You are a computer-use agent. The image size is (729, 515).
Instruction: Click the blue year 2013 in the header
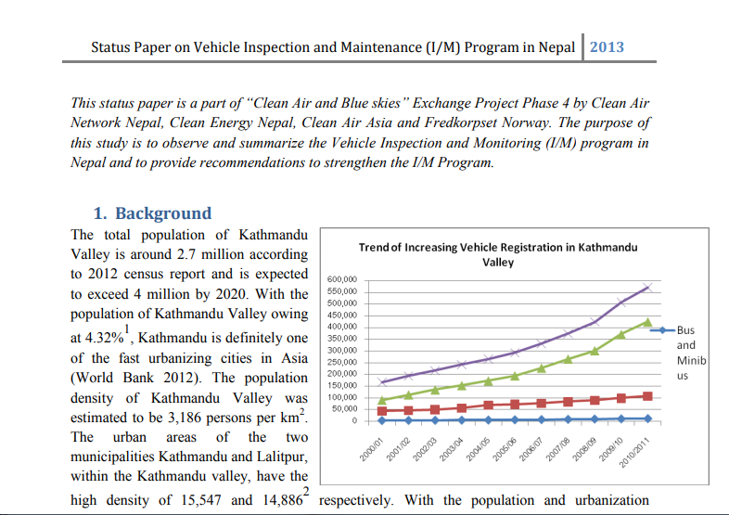pyautogui.click(x=607, y=47)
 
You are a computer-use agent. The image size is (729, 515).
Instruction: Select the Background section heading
pyautogui.click(x=152, y=213)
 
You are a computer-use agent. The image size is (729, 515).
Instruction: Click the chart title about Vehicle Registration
pyautogui.click(x=498, y=254)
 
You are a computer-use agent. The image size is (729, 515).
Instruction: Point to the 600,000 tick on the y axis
pyautogui.click(x=341, y=279)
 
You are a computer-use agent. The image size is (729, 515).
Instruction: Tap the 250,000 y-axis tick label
pyautogui.click(x=341, y=362)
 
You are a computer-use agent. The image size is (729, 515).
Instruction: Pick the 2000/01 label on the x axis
pyautogui.click(x=371, y=449)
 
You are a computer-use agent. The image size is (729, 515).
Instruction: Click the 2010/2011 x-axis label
pyautogui.click(x=634, y=452)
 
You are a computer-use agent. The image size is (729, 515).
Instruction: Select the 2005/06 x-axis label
pyautogui.click(x=504, y=449)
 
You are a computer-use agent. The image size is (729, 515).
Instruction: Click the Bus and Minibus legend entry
pyautogui.click(x=679, y=353)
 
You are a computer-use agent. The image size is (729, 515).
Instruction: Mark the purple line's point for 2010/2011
pyautogui.click(x=647, y=288)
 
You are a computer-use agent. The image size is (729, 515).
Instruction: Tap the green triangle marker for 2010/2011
pyautogui.click(x=647, y=322)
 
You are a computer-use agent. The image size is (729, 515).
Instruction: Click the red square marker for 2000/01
pyautogui.click(x=382, y=411)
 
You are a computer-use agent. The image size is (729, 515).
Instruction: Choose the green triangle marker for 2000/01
pyautogui.click(x=382, y=400)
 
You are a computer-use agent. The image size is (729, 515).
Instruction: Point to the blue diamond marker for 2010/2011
pyautogui.click(x=647, y=418)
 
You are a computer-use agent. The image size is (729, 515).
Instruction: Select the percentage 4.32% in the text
pyautogui.click(x=104, y=337)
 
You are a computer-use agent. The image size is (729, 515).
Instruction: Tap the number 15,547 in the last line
pyautogui.click(x=201, y=500)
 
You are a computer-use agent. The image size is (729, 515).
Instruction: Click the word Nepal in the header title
pyautogui.click(x=556, y=47)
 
